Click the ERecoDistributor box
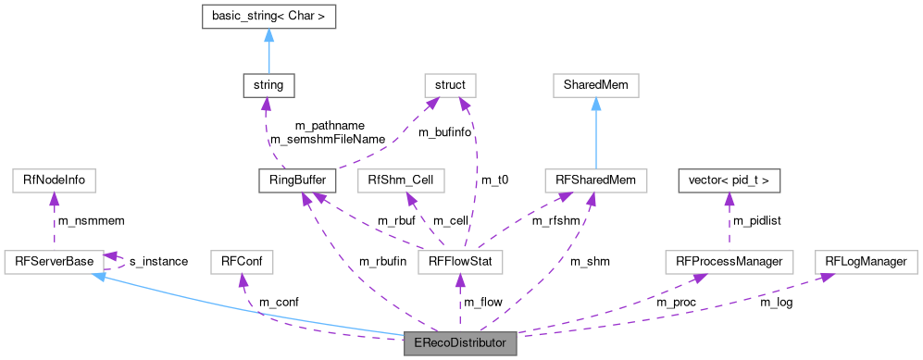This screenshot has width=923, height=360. click(x=460, y=342)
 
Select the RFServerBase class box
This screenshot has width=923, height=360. click(x=54, y=262)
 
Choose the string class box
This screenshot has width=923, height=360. click(x=268, y=86)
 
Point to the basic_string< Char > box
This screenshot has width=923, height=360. click(x=268, y=16)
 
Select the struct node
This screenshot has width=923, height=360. click(x=449, y=86)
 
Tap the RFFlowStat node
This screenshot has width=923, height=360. click(x=460, y=262)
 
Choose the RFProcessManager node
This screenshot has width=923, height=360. click(x=729, y=262)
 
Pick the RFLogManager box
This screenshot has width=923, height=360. click(x=866, y=262)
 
